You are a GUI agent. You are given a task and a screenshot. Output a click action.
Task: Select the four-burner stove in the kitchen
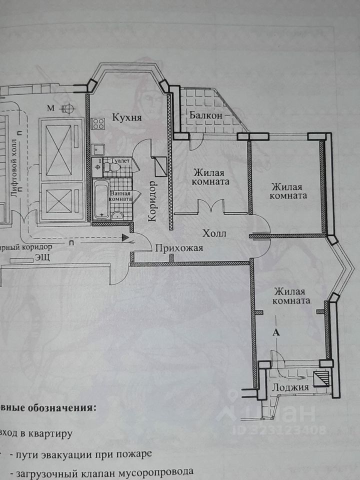(97, 123)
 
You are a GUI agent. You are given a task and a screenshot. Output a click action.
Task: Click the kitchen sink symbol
(98, 148)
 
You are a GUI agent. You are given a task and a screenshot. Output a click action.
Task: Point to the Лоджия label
(290, 387)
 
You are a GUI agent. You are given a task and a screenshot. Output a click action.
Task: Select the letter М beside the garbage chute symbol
(50, 108)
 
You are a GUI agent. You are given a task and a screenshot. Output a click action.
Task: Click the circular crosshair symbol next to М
(67, 108)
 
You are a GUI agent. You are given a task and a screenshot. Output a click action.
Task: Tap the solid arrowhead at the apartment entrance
(124, 238)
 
